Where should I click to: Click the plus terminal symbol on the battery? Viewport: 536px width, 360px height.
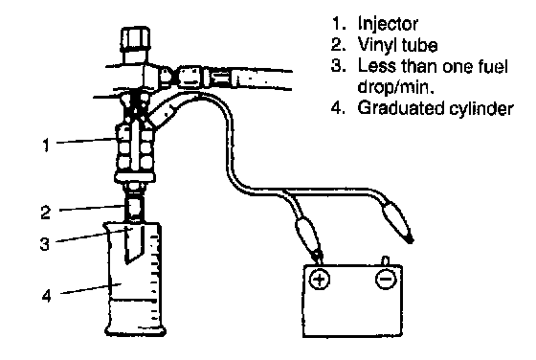pyautogui.click(x=320, y=280)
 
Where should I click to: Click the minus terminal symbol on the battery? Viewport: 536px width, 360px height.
pyautogui.click(x=386, y=280)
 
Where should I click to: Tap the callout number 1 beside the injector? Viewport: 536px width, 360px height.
pyautogui.click(x=46, y=145)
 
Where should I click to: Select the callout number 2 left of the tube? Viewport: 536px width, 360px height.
pyautogui.click(x=46, y=213)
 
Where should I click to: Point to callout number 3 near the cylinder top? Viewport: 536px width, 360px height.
pyautogui.click(x=44, y=244)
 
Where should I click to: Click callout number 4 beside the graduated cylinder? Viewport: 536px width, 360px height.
pyautogui.click(x=47, y=295)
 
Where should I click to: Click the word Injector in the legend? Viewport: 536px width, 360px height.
pyautogui.click(x=388, y=24)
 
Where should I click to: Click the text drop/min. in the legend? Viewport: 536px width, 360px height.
pyautogui.click(x=395, y=86)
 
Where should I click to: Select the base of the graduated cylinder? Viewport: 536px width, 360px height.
pyautogui.click(x=135, y=330)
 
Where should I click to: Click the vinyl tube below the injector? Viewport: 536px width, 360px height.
pyautogui.click(x=134, y=208)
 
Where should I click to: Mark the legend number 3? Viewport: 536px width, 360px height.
pyautogui.click(x=337, y=66)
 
